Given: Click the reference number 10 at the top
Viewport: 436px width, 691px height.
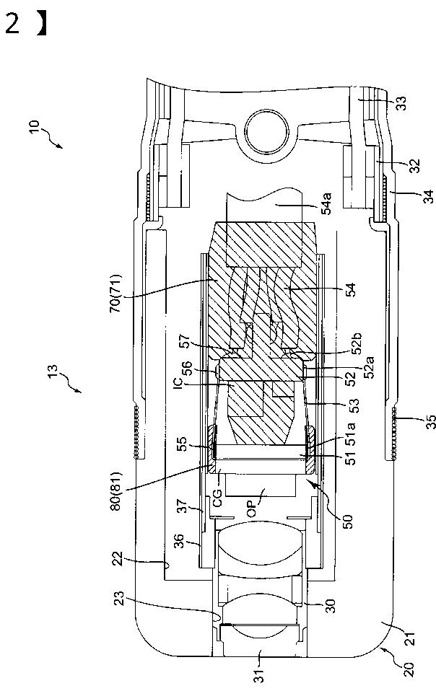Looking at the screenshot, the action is (x=35, y=127).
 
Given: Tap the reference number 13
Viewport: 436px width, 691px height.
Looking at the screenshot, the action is (x=52, y=371).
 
